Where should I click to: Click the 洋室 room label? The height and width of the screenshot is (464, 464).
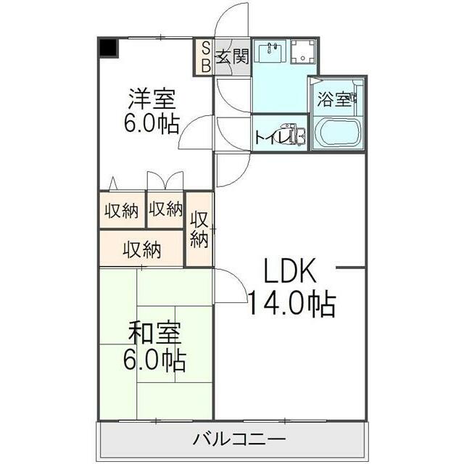coord(153,98)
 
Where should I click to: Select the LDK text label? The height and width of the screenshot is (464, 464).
coord(289,273)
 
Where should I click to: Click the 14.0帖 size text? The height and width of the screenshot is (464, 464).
coord(291,304)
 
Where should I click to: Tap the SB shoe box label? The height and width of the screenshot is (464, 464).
coord(205,57)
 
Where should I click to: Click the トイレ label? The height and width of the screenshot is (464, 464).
coord(268,135)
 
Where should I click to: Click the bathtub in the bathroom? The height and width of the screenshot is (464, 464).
coord(339,133)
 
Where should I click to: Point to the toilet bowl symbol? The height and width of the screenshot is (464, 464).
coord(295,135)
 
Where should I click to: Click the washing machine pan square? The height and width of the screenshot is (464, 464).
coord(303,51)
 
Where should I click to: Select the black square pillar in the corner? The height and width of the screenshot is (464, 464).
coord(108,48)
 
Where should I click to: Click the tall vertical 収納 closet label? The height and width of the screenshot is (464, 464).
coord(200,229)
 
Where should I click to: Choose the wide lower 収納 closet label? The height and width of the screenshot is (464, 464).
coord(141,250)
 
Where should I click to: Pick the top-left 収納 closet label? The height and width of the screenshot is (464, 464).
coord(121,211)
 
